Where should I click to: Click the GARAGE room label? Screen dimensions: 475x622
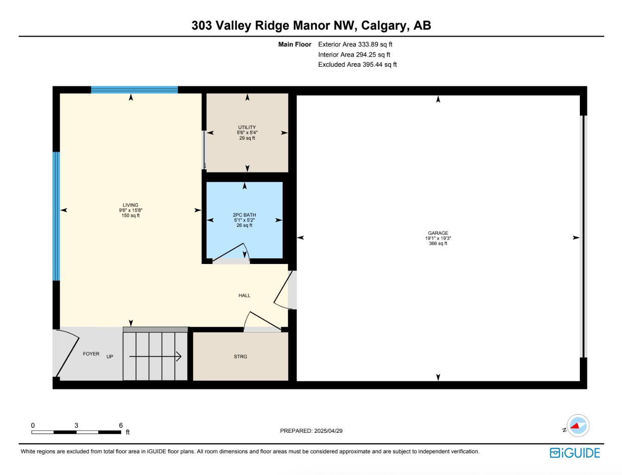point(438,233)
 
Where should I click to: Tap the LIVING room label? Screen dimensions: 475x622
point(130,205)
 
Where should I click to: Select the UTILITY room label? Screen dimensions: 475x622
point(247,127)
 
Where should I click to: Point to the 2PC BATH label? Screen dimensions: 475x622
point(244,215)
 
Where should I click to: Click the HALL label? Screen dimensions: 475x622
point(244,295)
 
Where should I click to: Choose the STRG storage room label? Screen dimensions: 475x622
point(240,357)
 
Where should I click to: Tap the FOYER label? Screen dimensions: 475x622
point(91,354)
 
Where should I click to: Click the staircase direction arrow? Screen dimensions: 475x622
point(155,357)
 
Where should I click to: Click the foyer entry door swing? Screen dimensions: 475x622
point(68,353)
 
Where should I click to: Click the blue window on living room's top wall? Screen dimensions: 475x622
point(134,90)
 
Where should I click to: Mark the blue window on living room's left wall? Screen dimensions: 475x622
point(56,216)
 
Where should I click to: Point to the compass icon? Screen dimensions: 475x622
point(578,425)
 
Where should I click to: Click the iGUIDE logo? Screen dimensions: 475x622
point(575,453)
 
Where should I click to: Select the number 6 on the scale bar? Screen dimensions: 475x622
point(121,425)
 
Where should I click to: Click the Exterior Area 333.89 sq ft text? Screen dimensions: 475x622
point(355,45)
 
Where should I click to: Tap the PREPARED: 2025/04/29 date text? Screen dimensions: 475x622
point(311,431)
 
